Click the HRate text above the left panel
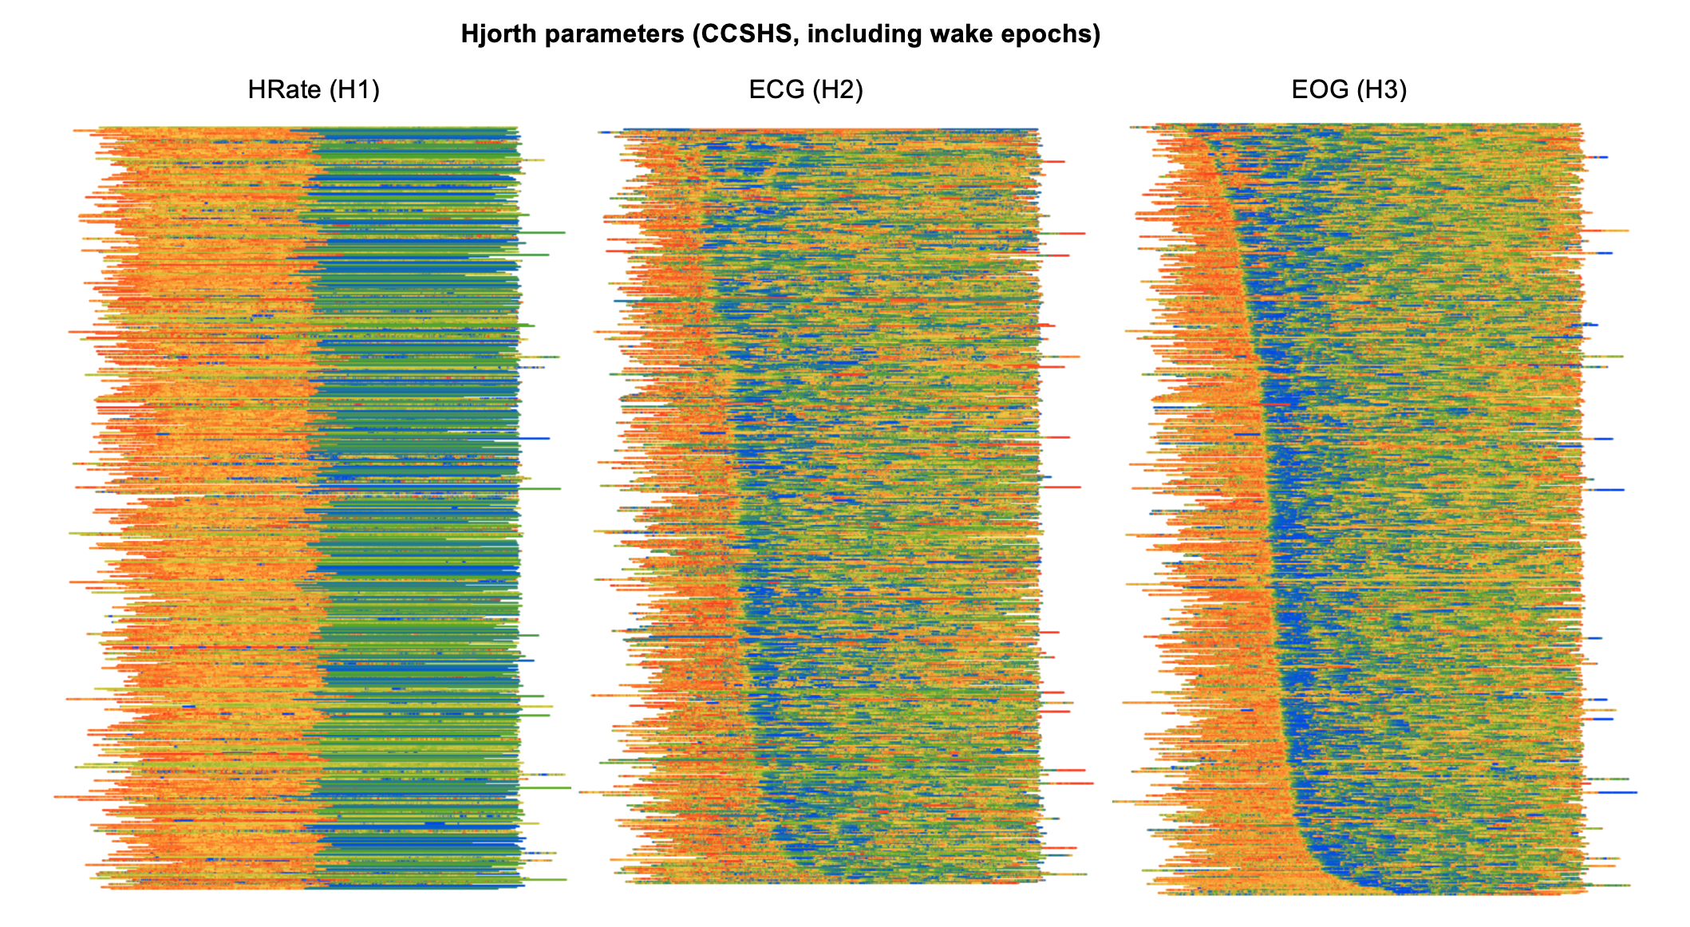click(284, 89)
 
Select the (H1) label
click(353, 89)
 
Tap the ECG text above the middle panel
click(776, 89)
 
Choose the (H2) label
click(837, 89)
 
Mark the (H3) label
click(1380, 89)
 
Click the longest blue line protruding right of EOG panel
click(1620, 792)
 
